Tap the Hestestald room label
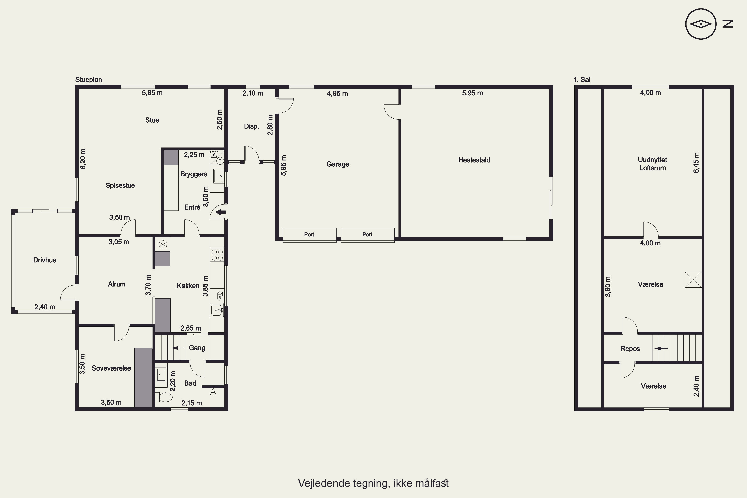(x=474, y=160)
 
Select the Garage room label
(x=338, y=164)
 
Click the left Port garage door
(x=309, y=235)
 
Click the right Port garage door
(x=368, y=235)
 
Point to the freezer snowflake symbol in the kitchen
(x=163, y=244)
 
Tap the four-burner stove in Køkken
(x=217, y=255)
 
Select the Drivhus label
(x=45, y=260)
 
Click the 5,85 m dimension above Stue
(x=152, y=93)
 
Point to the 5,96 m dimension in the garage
(x=284, y=165)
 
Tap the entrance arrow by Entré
(x=220, y=212)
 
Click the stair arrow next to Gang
(x=179, y=348)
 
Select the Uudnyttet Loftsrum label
(x=652, y=164)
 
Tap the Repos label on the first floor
(x=630, y=349)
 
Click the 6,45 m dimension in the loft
(x=696, y=163)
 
